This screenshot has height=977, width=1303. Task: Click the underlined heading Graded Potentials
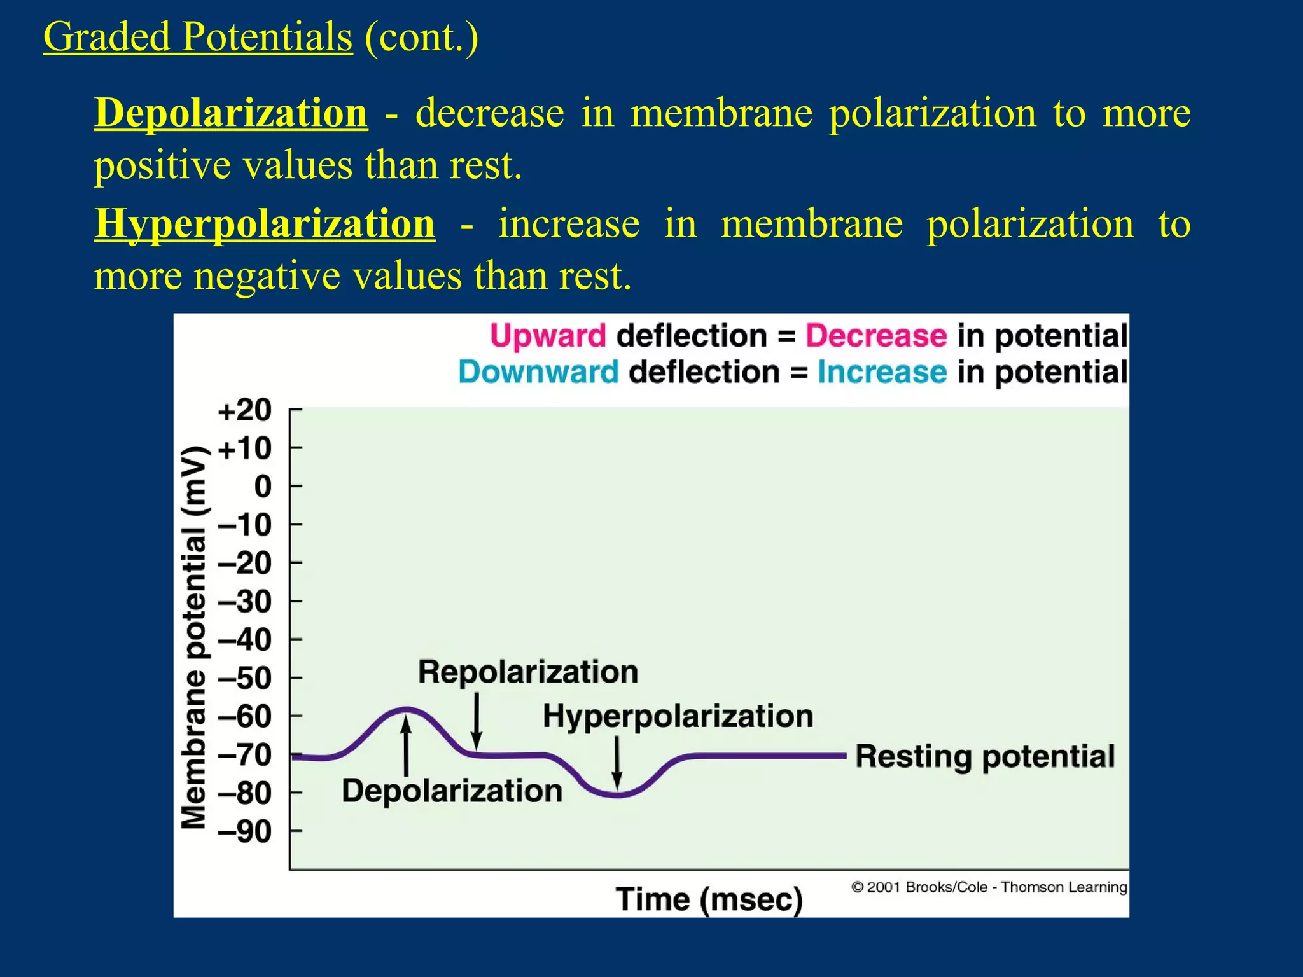[x=197, y=37]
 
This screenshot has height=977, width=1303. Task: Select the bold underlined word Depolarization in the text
[x=231, y=113]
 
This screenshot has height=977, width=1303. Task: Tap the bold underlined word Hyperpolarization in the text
[x=265, y=224]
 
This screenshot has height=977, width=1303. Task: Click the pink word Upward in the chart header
[x=548, y=336]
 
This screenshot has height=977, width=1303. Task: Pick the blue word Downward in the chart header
[x=538, y=372]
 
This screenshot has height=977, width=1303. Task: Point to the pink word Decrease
[x=876, y=336]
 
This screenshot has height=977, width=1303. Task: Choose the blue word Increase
[x=882, y=372]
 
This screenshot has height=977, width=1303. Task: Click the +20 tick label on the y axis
[x=245, y=410]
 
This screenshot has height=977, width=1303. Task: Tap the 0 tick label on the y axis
[x=263, y=487]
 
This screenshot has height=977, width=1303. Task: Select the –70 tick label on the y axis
[x=245, y=756]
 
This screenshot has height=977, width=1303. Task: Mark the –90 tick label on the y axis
[x=245, y=832]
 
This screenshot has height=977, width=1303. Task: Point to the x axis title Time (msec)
[x=709, y=899]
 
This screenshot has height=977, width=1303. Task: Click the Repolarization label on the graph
[x=528, y=672]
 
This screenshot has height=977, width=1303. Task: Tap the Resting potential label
[x=985, y=757]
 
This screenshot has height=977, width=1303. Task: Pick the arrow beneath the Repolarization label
[x=477, y=721]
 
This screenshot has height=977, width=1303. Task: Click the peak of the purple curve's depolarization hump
[x=406, y=709]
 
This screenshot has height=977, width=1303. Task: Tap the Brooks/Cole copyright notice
[x=989, y=887]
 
